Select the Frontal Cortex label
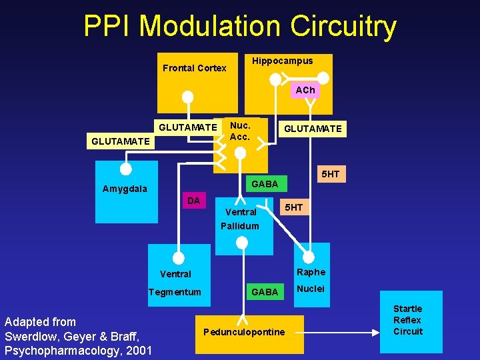(195, 68)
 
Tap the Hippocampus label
(282, 61)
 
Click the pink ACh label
(305, 90)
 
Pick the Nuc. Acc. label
(239, 131)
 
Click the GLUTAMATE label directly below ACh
(313, 129)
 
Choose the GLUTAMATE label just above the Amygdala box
(121, 141)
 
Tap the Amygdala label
(125, 189)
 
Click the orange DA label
(194, 201)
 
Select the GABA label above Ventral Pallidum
(265, 184)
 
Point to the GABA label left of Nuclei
(265, 292)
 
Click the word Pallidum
(240, 226)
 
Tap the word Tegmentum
(175, 292)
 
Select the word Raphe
(311, 272)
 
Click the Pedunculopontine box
(244, 333)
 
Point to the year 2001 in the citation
(139, 351)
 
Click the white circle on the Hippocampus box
(275, 79)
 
